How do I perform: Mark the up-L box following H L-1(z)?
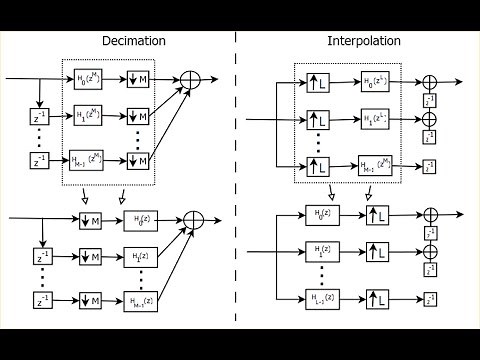pos(378,297)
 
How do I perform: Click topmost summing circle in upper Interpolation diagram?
pos(429,81)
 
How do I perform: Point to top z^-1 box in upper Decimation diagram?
pos(39,119)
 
